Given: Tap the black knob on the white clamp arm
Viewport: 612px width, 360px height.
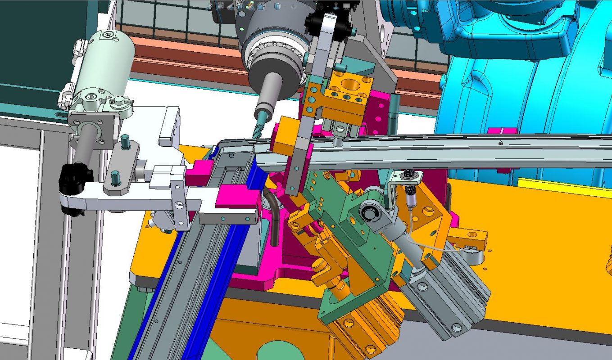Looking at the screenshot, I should point(73,178).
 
